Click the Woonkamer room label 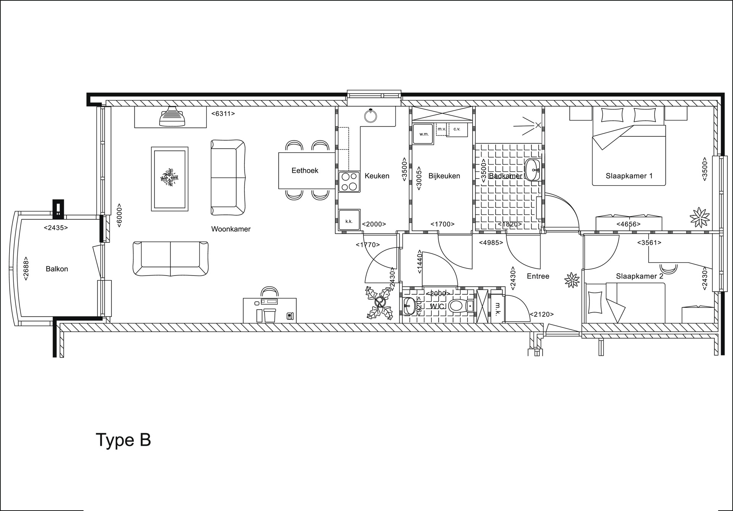(231, 229)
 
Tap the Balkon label (57, 269)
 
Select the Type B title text (123, 440)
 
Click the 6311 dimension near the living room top (223, 113)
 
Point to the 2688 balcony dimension (26, 268)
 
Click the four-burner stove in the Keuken (349, 182)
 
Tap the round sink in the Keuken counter (370, 115)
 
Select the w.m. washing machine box (424, 134)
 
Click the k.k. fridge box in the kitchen (349, 221)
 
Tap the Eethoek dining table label (305, 171)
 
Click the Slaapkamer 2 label (639, 276)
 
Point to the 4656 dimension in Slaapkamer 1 (628, 224)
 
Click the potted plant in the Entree (572, 280)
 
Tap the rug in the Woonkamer (170, 179)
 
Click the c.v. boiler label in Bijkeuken (457, 129)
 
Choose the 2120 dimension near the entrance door (542, 314)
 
